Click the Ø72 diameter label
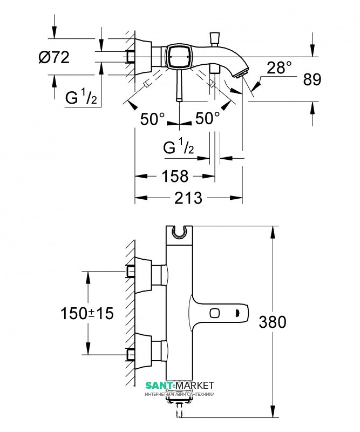(54, 58)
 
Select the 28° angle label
(279, 67)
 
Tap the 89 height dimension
(312, 79)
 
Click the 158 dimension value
(175, 176)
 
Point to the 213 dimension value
(188, 198)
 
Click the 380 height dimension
(273, 322)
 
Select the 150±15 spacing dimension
(87, 313)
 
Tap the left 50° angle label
(152, 119)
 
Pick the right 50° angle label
(208, 118)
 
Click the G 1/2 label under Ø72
(81, 97)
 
